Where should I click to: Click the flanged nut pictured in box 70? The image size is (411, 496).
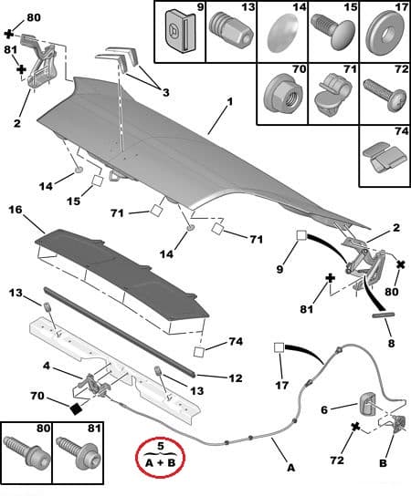tap(282, 93)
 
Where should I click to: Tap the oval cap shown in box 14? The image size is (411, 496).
tap(283, 33)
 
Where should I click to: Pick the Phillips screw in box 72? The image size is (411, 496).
tap(385, 95)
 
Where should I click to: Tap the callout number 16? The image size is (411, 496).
tap(16, 210)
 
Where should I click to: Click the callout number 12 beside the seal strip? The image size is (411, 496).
tap(235, 378)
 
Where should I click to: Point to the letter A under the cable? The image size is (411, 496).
tap(291, 467)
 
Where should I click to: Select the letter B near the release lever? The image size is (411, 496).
tap(383, 463)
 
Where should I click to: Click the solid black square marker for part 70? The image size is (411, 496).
tap(76, 409)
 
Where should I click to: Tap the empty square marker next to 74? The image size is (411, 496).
tap(199, 352)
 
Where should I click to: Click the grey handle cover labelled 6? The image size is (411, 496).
tap(368, 405)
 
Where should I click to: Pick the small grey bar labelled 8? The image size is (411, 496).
tap(383, 315)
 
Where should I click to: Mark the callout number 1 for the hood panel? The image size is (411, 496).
tap(230, 102)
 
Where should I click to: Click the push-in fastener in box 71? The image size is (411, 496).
tap(331, 94)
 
